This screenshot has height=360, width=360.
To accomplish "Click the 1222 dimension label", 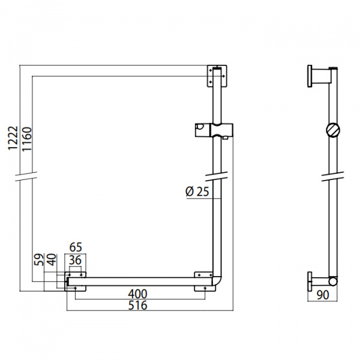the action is (13, 138).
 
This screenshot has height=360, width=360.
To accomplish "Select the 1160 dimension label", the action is (26, 139).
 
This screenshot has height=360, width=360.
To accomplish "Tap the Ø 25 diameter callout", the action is (197, 192).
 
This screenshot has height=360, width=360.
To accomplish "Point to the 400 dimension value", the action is (137, 294).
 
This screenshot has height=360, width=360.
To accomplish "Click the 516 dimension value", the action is (137, 305).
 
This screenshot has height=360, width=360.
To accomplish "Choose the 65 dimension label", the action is (76, 247).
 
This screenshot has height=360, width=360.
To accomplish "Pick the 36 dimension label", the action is (76, 260).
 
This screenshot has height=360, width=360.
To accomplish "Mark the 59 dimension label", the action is (39, 260).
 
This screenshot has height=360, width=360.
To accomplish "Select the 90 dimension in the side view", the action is (323, 295).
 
